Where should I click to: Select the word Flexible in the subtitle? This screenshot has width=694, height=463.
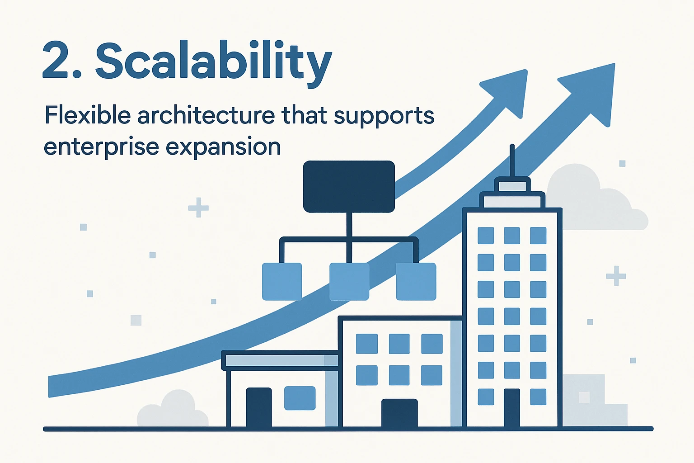[x=88, y=115]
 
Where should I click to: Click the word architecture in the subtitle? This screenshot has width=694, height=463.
[x=206, y=115]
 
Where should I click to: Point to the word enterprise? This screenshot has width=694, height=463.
[x=101, y=147]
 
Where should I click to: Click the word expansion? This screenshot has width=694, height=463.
[x=223, y=147]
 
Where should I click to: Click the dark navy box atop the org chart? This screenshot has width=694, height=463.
[x=349, y=186]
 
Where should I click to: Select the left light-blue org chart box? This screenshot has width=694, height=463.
[x=282, y=282]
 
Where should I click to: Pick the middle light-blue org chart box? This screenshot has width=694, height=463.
[x=349, y=282]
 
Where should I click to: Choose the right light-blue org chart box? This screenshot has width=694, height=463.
[x=416, y=282]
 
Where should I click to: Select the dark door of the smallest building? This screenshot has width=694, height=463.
[x=259, y=407]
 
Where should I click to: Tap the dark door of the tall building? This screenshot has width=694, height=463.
[x=512, y=408]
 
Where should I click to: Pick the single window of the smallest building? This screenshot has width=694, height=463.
[x=300, y=398]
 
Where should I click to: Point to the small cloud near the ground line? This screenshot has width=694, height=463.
[x=173, y=409]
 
